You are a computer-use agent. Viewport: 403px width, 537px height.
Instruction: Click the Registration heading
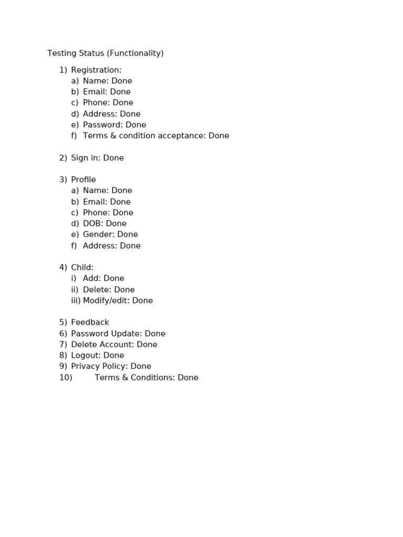(x=96, y=70)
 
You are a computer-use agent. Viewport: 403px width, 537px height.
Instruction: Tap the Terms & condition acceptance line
(x=156, y=136)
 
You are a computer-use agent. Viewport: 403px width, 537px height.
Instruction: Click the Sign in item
(x=97, y=158)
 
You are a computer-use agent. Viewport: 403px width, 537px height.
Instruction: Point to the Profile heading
(x=83, y=180)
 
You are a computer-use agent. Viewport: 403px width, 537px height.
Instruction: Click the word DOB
(x=92, y=223)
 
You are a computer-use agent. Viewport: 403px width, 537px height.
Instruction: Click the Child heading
(x=82, y=267)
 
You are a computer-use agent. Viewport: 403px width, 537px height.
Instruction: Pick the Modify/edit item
(x=118, y=300)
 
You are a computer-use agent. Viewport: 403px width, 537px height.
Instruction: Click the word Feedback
(x=90, y=323)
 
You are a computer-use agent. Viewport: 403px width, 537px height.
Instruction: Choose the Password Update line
(x=118, y=334)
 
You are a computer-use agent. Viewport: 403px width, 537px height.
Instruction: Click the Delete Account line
(x=114, y=345)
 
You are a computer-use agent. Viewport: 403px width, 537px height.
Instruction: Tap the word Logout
(x=85, y=356)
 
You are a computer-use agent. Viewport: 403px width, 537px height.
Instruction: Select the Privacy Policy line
(x=111, y=366)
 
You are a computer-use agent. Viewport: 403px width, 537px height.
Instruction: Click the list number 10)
(x=66, y=378)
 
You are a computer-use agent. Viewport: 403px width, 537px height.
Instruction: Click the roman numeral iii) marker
(x=76, y=300)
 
